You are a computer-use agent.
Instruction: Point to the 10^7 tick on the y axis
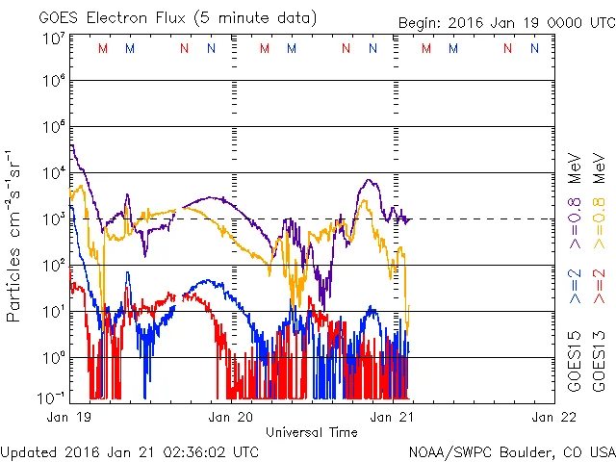(x=52, y=39)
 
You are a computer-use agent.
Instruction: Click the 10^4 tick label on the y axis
(x=52, y=173)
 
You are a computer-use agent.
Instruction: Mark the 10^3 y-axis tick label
(x=52, y=219)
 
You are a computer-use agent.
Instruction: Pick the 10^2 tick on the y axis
(x=52, y=265)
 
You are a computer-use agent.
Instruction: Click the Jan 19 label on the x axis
(x=68, y=417)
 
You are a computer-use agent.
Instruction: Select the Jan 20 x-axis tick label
(x=231, y=417)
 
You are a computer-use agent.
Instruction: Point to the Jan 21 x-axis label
(x=393, y=417)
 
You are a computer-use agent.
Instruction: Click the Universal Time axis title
(x=312, y=432)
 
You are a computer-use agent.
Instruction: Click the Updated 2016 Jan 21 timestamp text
(x=129, y=450)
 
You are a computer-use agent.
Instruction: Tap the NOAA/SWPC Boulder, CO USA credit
(x=511, y=450)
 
